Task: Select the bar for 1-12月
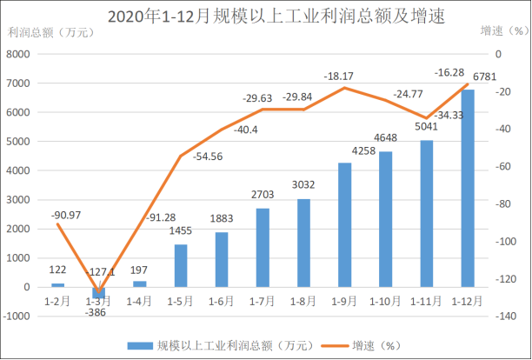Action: pos(468,188)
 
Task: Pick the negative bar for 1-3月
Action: pos(99,292)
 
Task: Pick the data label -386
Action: pos(97,314)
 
